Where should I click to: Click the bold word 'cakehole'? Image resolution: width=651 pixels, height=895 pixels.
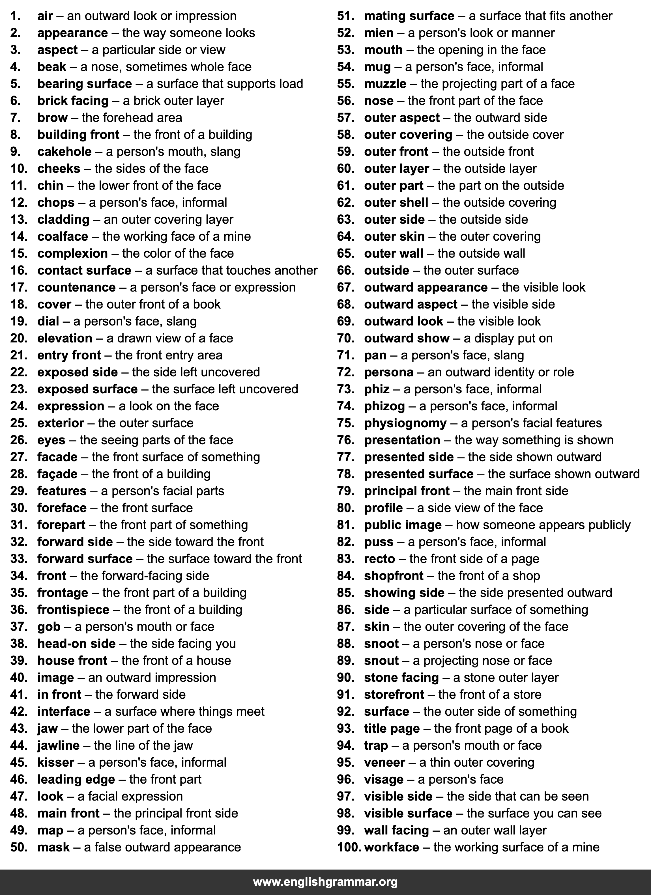coord(64,152)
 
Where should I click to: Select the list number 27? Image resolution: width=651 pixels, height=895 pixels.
coord(19,457)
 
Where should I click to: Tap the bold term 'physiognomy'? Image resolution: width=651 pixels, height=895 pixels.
coord(405,423)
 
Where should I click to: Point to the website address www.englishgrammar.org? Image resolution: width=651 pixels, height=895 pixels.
coord(325,881)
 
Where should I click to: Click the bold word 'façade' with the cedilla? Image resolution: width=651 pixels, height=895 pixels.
coord(57,474)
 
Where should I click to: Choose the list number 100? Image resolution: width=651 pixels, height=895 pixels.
coord(349,847)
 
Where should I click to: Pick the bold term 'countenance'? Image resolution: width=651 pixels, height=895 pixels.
coord(76,287)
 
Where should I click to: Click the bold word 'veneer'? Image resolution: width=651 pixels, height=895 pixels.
coord(384,762)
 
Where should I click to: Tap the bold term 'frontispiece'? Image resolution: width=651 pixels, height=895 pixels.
coord(73,610)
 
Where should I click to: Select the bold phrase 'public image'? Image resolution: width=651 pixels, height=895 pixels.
coord(403,525)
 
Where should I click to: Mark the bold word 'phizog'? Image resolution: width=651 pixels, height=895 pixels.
coord(384,406)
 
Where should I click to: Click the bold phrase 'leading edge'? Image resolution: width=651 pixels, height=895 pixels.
coord(76,779)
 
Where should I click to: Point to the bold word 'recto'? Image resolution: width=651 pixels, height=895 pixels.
coord(379,559)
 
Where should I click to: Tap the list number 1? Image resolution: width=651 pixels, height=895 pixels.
coord(16,16)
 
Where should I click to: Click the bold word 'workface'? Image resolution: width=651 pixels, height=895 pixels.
coord(391,847)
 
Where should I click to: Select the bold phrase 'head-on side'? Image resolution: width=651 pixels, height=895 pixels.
coord(76,644)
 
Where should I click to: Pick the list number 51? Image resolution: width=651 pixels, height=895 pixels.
coord(345,16)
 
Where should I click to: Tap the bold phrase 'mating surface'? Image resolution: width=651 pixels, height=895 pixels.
coord(409,16)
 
